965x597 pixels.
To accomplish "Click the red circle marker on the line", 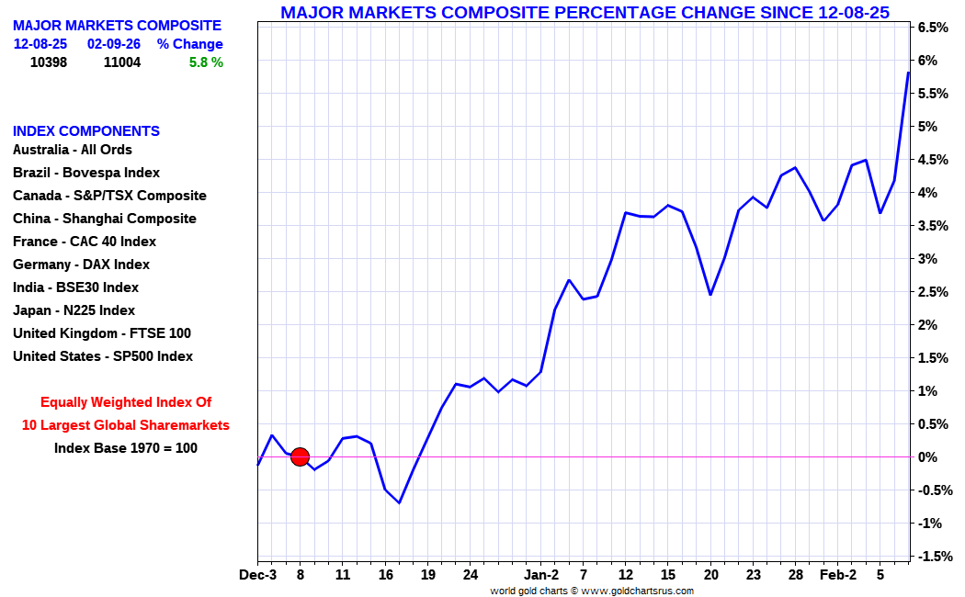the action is coord(300,456).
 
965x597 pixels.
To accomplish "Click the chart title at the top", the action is coord(585,12).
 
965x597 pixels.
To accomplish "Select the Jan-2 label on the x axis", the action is coord(541,575).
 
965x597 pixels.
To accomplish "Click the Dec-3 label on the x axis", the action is coord(258,575).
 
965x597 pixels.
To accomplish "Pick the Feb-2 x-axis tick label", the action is coord(837,575).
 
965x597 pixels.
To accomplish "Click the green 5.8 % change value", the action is coord(206,62).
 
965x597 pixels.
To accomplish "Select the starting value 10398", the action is coord(49,62).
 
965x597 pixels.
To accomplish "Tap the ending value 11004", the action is coord(122,62).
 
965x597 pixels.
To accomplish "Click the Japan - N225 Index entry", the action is coord(74,310).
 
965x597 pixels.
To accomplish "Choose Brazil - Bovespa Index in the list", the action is coord(86,173).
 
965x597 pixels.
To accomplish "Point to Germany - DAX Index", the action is coord(81,265).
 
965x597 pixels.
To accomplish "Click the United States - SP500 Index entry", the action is coord(103,356).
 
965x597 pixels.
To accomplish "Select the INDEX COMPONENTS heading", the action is coord(86,131).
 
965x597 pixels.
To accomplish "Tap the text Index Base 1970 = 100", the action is coord(126,447).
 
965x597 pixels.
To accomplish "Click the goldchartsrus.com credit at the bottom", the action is coord(592,591).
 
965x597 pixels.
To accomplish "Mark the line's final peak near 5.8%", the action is coord(908,73).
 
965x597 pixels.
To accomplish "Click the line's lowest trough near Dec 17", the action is coord(400,503).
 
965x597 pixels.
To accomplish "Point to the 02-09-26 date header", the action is coord(114,44).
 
